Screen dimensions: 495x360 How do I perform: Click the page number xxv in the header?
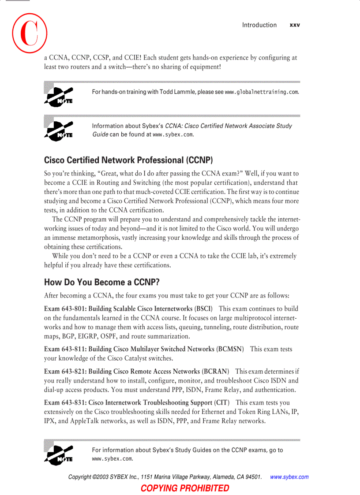[x=294, y=25]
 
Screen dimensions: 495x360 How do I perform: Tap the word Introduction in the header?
[x=259, y=25]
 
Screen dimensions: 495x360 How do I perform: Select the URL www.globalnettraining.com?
[x=262, y=92]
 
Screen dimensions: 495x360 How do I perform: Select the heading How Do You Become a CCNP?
[x=102, y=282]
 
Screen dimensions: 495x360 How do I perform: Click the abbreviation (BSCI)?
[x=203, y=309]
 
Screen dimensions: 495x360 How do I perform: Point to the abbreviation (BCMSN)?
[x=230, y=349]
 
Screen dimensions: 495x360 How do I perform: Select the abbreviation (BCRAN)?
[x=215, y=372]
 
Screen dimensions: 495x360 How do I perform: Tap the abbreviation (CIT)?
[x=221, y=402]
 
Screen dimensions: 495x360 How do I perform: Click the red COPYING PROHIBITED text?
[x=185, y=488]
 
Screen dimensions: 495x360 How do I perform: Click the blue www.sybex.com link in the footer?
[x=289, y=477]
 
